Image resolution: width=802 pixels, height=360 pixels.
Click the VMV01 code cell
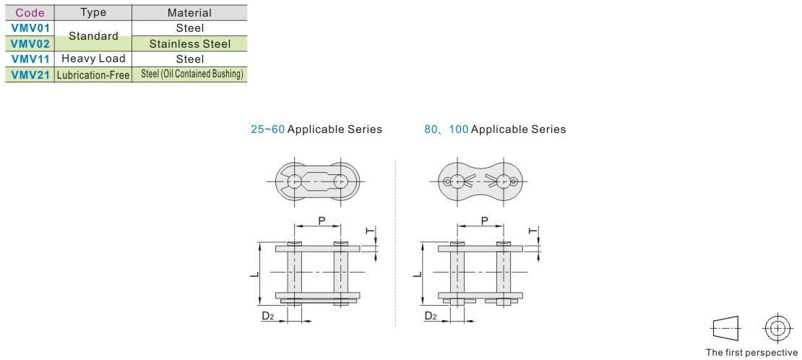point(30,27)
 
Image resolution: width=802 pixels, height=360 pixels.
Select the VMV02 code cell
point(30,43)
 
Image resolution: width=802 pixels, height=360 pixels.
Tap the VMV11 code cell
point(30,59)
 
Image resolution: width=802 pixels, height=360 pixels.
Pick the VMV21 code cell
point(30,74)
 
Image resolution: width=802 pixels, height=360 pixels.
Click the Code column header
point(30,13)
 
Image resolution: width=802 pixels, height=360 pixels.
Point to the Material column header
point(189,13)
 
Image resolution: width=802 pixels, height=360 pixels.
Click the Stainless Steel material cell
point(190,44)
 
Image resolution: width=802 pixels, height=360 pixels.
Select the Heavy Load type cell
point(93,59)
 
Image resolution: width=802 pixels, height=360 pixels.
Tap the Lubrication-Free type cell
point(93,74)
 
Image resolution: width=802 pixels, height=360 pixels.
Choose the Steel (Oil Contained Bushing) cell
point(191,74)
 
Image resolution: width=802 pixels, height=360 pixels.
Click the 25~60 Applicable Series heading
point(316,129)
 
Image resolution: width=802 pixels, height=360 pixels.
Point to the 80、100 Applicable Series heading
point(495,129)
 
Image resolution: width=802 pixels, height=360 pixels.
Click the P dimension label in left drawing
point(322,220)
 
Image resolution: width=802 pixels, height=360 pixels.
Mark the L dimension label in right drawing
point(417,275)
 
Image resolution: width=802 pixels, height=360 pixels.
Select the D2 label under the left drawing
point(268,316)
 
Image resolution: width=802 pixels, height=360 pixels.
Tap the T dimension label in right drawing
point(532,231)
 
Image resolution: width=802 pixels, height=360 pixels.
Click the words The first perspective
point(751,352)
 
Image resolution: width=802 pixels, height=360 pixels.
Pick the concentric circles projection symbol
point(777,327)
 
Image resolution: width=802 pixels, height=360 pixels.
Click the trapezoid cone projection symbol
point(725,327)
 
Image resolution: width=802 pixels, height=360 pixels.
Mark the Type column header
point(93,13)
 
